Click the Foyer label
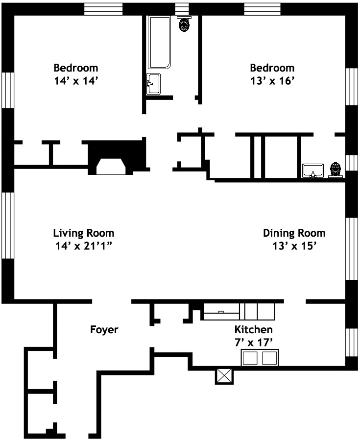tap(104, 330)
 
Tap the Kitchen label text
tap(254, 329)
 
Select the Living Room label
tap(84, 233)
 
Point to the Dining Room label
tap(294, 233)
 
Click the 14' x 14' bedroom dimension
tap(76, 81)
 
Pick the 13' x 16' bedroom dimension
tap(272, 81)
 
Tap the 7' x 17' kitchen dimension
tap(254, 343)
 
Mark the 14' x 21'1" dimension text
tap(84, 246)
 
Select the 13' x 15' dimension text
tap(294, 246)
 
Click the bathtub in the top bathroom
tap(159, 42)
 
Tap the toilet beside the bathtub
tap(184, 24)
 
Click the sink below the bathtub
tap(153, 84)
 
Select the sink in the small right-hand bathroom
tap(313, 171)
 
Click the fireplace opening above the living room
tap(111, 167)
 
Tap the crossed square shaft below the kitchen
tap(224, 376)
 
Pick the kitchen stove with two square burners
tap(260, 358)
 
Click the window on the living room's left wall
tap(8, 225)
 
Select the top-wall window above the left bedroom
tap(103, 9)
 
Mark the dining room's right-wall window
tap(351, 248)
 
